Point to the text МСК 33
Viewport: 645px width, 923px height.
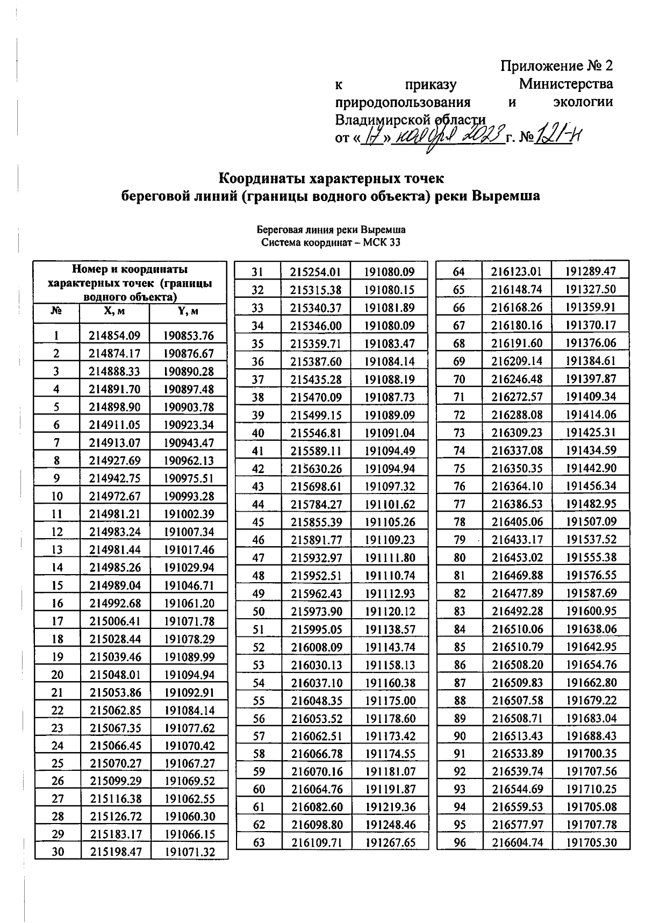click(x=382, y=242)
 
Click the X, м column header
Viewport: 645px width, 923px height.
click(x=114, y=312)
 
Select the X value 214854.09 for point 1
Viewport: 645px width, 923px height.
click(x=114, y=336)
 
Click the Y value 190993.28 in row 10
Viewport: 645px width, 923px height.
click(x=189, y=496)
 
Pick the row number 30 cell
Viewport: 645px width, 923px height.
click(x=58, y=852)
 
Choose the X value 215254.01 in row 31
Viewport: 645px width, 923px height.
click(x=316, y=272)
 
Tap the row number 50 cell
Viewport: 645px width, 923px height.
click(x=259, y=611)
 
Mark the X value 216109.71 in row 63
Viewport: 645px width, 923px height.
click(x=317, y=842)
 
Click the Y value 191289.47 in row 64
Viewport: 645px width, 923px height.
click(x=591, y=271)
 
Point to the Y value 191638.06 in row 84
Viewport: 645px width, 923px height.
click(x=591, y=629)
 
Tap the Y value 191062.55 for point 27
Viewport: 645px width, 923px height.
click(x=189, y=799)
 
